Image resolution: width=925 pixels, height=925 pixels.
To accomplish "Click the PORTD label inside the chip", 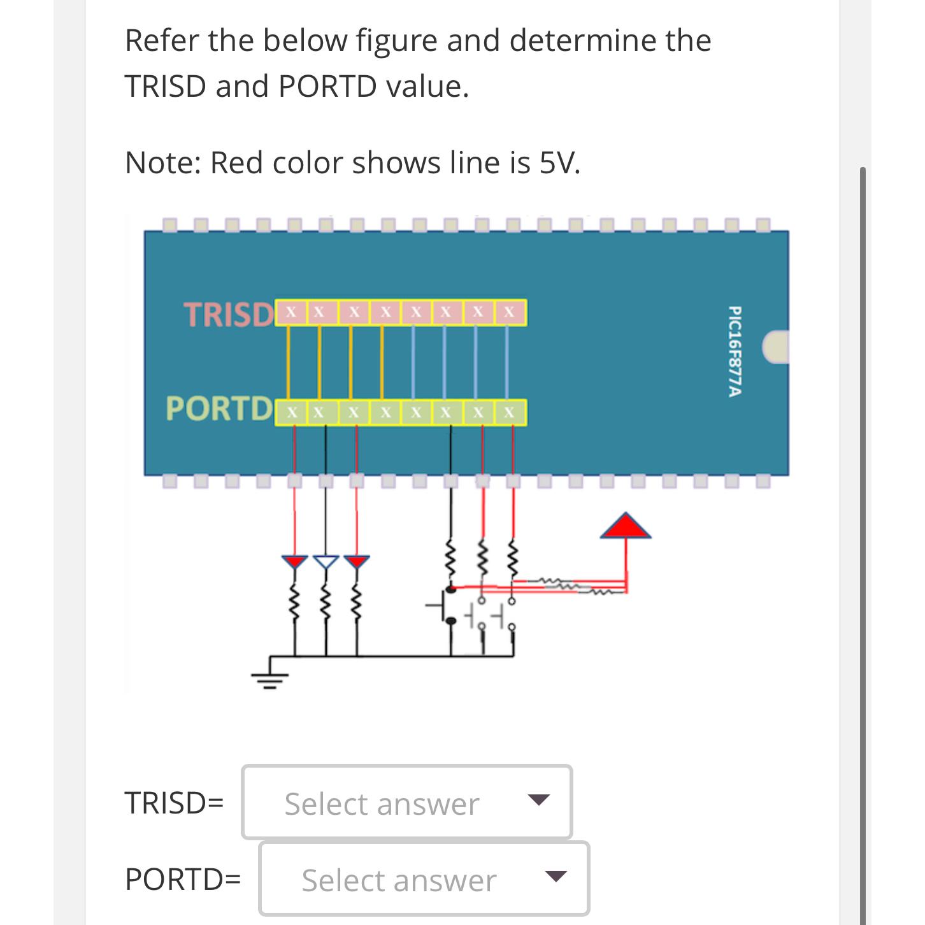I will [x=219, y=408].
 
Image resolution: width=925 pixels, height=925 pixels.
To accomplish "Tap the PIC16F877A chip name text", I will [x=734, y=352].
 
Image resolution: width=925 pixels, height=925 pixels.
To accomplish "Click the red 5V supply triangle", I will [x=626, y=526].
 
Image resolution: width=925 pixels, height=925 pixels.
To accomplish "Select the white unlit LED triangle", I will [x=326, y=561].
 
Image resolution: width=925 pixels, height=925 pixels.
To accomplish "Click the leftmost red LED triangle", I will [x=294, y=561].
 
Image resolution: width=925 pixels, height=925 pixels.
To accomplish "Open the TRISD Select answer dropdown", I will [x=406, y=803].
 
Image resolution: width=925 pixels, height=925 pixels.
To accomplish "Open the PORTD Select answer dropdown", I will [x=424, y=879].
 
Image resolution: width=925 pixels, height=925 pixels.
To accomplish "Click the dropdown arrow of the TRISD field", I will [x=538, y=800].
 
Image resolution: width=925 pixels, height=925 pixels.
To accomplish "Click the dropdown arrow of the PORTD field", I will [x=556, y=877].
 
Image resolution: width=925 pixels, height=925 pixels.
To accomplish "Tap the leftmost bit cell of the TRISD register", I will [x=290, y=312].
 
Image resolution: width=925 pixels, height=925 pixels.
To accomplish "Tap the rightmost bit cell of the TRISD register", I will [x=510, y=312].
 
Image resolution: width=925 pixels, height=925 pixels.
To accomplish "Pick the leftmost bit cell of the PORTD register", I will [x=290, y=412].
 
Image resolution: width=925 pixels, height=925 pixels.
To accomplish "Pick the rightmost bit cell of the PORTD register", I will [x=510, y=412].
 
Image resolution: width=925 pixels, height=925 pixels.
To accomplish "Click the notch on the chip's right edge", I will [x=776, y=347].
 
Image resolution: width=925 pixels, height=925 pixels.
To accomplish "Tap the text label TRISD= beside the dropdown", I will [x=174, y=803].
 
